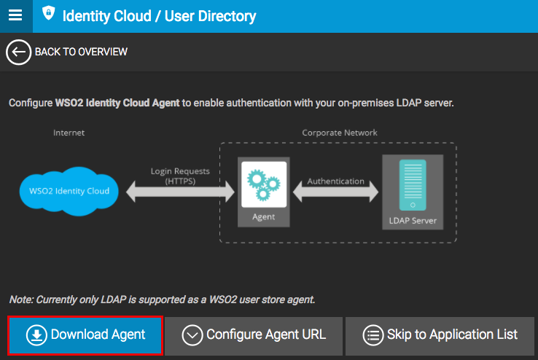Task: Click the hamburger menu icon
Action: coord(15,15)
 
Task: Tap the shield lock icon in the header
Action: coord(48,14)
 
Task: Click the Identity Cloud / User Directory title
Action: coord(159,15)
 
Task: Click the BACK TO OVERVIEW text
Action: coord(81,52)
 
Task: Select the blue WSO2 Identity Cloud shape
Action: coord(69,191)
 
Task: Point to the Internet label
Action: coord(69,133)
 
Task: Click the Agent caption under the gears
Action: coord(263,216)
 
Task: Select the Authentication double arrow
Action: coord(335,192)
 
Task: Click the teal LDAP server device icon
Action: coord(413,185)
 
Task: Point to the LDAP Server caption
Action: coord(413,219)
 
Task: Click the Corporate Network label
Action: coord(340,133)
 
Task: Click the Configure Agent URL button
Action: coord(254,335)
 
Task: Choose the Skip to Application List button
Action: coord(441,335)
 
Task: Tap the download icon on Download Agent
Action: coord(36,335)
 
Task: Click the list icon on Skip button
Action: coord(373,335)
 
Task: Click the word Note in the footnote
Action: coord(20,300)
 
